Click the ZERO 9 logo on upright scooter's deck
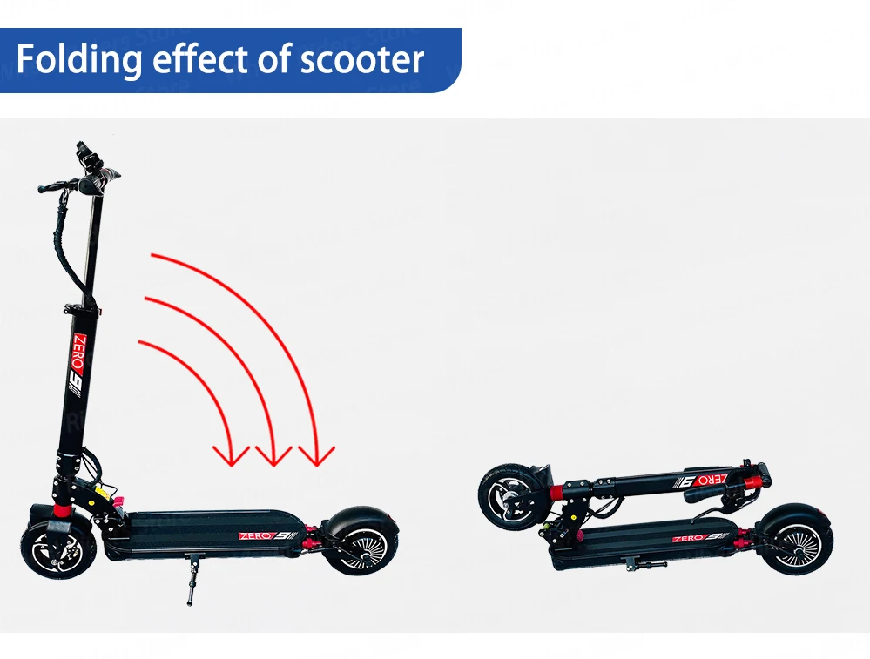266,535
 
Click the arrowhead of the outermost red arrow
316,455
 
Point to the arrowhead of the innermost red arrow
232,455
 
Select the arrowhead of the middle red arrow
273,455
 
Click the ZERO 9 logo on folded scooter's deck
702,538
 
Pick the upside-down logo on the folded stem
701,478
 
